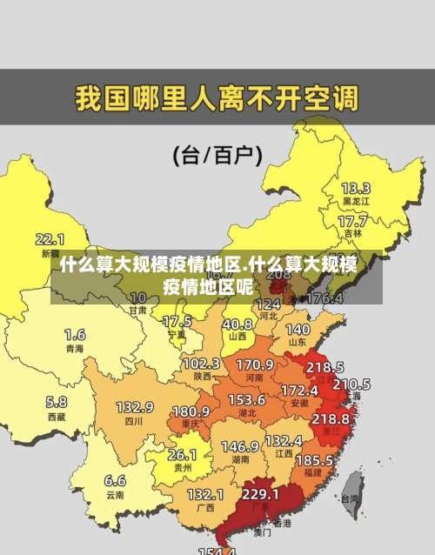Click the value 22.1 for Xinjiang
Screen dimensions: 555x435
pos(50,238)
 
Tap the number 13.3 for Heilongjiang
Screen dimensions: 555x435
pos(355,188)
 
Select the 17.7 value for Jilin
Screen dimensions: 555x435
pos(351,221)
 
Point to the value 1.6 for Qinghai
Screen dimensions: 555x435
pos(75,334)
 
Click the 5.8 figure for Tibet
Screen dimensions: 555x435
pos(57,402)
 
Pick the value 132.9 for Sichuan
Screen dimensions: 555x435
pos(135,407)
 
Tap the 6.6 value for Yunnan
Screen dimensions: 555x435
pos(115,480)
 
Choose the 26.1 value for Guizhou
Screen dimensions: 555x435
pos(182,454)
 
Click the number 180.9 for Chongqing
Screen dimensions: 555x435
pos(191,411)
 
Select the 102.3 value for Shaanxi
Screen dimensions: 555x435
pos(201,363)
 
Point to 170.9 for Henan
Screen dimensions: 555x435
pos(255,364)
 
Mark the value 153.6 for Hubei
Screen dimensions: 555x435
pos(247,399)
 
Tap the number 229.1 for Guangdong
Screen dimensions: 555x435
pos(260,494)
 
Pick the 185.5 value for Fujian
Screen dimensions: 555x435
pos(314,458)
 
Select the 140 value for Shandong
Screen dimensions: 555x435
pos(298,330)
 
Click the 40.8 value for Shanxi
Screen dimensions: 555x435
pos(237,324)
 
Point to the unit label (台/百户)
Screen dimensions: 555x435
pos(217,156)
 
